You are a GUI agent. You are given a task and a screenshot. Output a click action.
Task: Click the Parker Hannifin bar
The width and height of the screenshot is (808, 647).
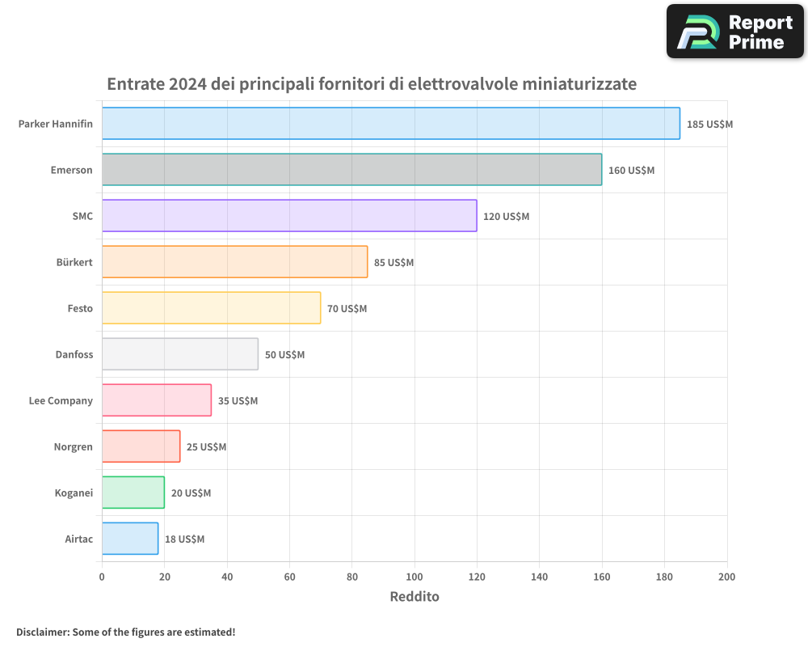[390, 124]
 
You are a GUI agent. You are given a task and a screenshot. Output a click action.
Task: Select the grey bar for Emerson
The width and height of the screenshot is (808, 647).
[351, 170]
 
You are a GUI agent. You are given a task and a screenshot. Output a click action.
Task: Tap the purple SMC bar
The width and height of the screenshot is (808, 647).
[289, 216]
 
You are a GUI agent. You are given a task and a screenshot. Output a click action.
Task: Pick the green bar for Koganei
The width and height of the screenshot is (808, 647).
[133, 493]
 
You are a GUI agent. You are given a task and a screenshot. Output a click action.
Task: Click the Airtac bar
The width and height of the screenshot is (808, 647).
[130, 539]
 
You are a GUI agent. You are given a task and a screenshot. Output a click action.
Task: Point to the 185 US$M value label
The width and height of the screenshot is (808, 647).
[709, 125]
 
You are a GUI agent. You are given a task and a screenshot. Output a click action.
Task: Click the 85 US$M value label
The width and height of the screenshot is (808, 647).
[393, 263]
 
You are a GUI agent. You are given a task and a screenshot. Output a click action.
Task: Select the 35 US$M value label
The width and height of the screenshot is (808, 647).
[238, 401]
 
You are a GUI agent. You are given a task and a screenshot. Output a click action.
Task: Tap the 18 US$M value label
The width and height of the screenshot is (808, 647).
[184, 539]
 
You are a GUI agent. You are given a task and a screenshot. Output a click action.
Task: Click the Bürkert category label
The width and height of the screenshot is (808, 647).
[75, 262]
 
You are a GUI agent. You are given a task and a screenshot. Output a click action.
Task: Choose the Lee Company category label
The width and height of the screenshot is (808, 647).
[61, 400]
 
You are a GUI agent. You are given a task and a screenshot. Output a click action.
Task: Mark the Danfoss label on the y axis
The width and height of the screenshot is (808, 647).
[74, 354]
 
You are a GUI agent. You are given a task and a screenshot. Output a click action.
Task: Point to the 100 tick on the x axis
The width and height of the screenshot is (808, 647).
[415, 577]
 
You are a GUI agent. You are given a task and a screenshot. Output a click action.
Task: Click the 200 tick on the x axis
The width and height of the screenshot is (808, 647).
[726, 577]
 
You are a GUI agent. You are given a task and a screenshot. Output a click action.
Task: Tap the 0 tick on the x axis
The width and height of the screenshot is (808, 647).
[102, 577]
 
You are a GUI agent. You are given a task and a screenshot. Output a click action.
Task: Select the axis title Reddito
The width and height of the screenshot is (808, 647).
[415, 597]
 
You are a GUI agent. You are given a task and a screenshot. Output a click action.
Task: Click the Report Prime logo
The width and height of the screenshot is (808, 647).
[735, 32]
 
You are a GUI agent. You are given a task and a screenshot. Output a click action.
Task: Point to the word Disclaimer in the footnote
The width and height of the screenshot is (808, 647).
[41, 632]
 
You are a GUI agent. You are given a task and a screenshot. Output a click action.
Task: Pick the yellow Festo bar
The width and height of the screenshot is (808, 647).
[211, 308]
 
